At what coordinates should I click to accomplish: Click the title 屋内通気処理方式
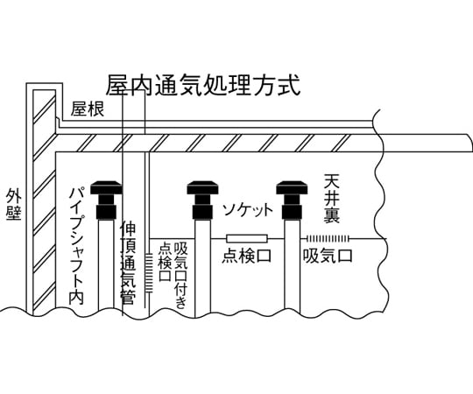tap(203, 85)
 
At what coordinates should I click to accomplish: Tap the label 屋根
tap(88, 109)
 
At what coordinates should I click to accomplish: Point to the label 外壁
tap(14, 205)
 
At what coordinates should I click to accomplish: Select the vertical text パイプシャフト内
tap(76, 246)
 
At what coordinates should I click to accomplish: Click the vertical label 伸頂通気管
tap(128, 264)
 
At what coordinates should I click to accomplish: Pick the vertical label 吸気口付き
tap(181, 275)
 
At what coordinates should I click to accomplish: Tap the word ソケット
tap(248, 209)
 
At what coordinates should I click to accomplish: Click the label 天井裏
tap(331, 199)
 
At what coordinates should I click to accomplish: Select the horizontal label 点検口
tap(246, 257)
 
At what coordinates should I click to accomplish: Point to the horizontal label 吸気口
tap(328, 256)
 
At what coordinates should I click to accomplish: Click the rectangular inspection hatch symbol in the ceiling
tap(247, 239)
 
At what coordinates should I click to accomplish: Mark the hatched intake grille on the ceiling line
tap(328, 239)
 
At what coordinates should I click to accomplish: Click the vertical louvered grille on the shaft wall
tap(149, 273)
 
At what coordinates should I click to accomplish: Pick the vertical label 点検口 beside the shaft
tap(166, 262)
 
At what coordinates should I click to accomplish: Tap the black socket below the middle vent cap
tap(202, 212)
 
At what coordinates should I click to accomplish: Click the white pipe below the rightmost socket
tap(292, 265)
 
